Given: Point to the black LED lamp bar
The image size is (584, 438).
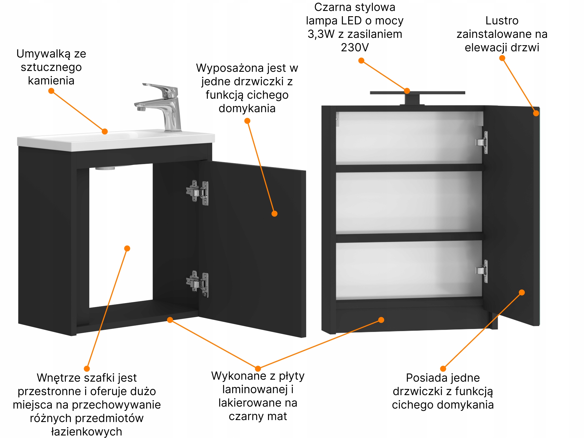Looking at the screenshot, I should coord(417,93).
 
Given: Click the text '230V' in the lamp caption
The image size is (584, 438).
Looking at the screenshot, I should coord(355,47).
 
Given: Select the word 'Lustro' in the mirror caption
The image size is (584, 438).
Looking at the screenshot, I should coord(502,20).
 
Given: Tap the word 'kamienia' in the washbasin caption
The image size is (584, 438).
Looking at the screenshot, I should coord(51,81).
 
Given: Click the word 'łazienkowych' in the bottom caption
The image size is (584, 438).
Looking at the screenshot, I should coord(87,432).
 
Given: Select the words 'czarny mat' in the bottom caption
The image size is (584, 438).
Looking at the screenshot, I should coord(258,416).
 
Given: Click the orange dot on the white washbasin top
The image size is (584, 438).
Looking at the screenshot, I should coord(105,131).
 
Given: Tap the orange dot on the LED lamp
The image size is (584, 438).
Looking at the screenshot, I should coord(407,91).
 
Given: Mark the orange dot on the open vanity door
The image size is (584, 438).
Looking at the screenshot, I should coord(274,214).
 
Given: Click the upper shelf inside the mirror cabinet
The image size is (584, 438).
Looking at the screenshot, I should coord(409,168).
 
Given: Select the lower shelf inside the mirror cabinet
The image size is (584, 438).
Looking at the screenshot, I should coord(409,237).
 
